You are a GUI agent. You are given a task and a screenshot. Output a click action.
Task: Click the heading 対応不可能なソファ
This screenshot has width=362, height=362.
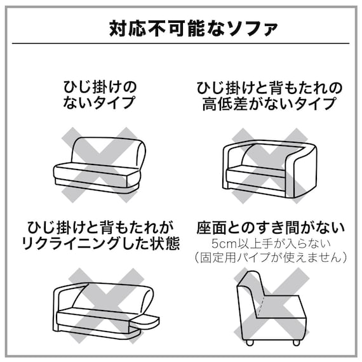(181, 29)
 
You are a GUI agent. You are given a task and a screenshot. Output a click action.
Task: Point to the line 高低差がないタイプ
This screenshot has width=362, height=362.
(269, 102)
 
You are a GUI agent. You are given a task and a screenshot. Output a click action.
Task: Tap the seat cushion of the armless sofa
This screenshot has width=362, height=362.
(95, 170)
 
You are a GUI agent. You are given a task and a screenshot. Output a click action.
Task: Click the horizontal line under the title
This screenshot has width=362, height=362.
(181, 43)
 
